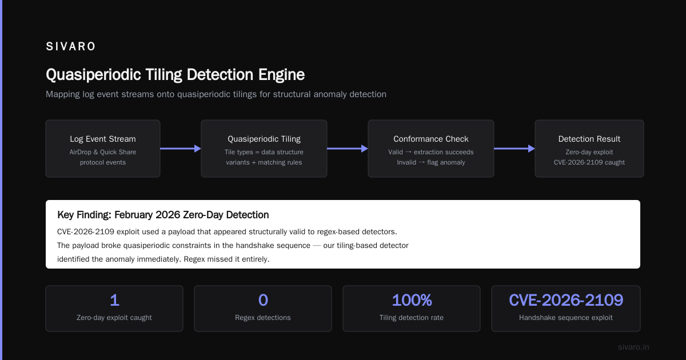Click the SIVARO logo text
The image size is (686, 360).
coord(70,46)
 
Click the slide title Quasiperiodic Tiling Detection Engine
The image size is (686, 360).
coord(175,75)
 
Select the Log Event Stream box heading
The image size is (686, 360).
coord(103,139)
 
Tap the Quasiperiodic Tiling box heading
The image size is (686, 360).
coord(264,139)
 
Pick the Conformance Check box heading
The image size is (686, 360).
coord(431,139)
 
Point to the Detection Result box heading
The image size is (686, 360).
coord(589,139)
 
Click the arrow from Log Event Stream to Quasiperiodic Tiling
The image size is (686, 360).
coord(181,149)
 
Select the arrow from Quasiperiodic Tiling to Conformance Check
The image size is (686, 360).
coord(348,149)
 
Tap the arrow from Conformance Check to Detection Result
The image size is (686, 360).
coord(514,149)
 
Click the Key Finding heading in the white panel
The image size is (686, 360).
coord(163,215)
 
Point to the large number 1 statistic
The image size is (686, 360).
coord(114,300)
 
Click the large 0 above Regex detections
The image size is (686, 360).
coord(263,300)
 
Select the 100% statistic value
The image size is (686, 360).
coord(412,300)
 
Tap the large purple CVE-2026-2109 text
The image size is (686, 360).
coord(566,300)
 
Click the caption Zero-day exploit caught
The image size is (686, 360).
coord(114,318)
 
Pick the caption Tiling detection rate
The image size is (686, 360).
coord(411,318)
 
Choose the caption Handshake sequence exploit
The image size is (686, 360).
coord(566,318)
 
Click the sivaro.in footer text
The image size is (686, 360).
coord(633,347)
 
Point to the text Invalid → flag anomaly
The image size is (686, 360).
coord(431,162)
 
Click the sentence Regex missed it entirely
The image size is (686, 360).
coord(226,259)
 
